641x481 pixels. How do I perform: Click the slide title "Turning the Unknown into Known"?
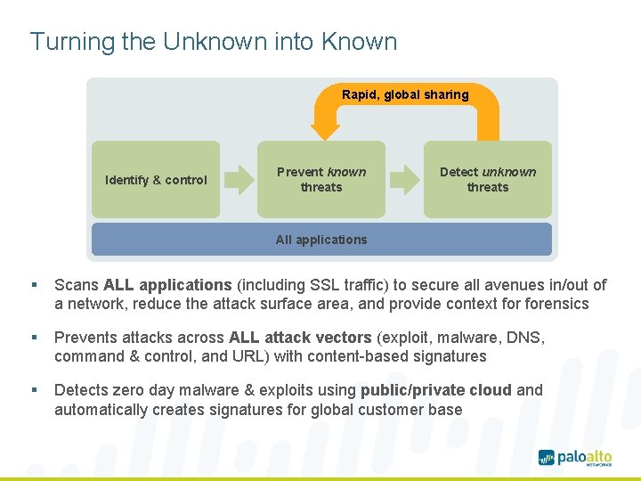(214, 42)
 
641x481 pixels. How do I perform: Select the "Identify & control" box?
(156, 180)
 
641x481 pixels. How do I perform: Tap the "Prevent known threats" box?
(321, 180)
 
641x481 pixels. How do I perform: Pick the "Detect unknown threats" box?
(488, 180)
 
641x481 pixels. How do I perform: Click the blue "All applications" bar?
(321, 240)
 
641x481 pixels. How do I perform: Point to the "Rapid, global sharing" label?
(405, 94)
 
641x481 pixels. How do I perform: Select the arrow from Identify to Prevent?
(239, 180)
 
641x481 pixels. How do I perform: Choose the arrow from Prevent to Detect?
(405, 180)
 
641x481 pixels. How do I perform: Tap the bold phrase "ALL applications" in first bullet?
(167, 285)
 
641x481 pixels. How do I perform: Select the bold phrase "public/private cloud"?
(436, 390)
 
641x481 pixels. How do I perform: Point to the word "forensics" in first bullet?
(557, 304)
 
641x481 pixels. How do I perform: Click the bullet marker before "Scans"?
(33, 285)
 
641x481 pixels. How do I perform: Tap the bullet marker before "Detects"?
(33, 390)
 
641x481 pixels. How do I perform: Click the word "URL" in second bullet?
(230, 356)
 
